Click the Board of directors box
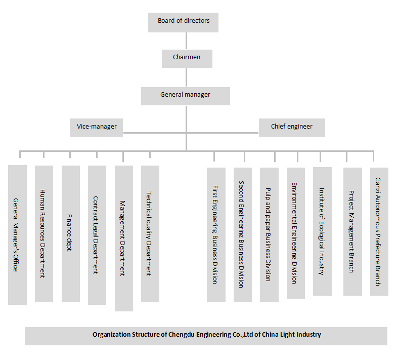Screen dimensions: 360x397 184,21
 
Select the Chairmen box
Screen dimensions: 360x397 187,58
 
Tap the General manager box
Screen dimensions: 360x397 185,95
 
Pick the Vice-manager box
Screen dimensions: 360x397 97,127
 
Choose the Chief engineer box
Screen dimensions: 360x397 291,127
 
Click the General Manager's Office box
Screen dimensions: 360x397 17,234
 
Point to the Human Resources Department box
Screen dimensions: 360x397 44,233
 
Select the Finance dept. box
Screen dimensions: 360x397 70,233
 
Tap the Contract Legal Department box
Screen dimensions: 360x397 97,235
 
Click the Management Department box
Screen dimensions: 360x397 123,238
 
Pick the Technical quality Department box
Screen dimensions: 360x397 150,233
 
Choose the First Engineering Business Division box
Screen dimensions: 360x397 216,234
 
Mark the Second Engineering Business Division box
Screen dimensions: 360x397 242,234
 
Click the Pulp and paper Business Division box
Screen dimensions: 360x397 269,234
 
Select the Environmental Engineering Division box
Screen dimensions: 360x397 295,233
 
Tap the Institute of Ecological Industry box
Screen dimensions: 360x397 322,231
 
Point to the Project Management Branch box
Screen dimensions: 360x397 352,231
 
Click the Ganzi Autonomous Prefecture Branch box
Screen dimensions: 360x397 379,231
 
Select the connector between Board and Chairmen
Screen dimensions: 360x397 187,41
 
